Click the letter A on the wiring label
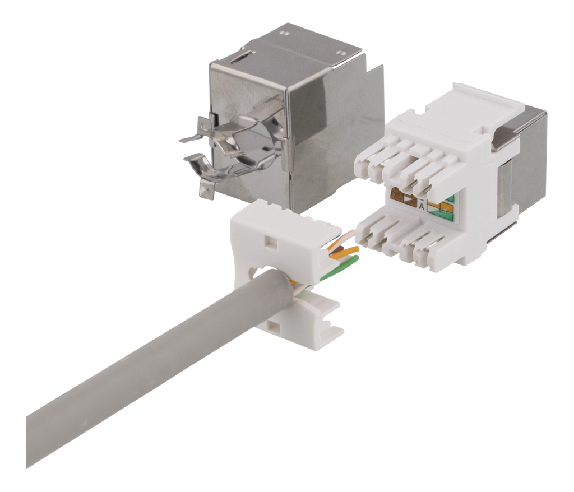(x=421, y=207)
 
